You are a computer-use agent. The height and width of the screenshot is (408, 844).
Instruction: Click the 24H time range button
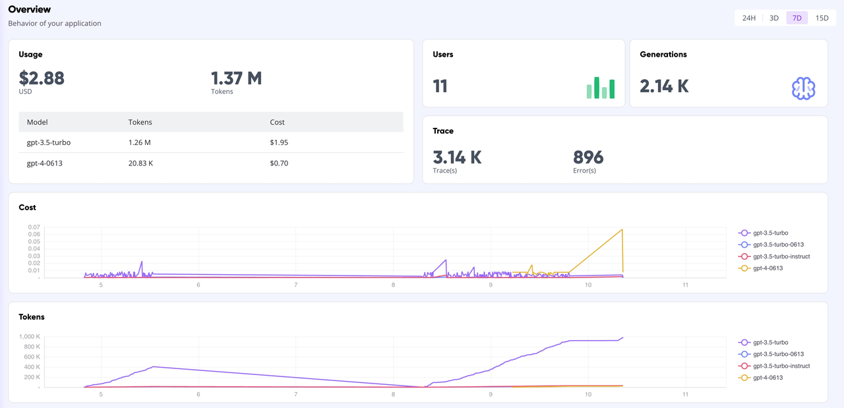click(748, 18)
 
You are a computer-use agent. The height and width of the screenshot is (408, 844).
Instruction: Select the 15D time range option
click(822, 18)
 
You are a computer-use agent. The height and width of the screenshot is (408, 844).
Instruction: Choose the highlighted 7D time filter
click(797, 18)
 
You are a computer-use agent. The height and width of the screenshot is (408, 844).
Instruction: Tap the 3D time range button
click(774, 18)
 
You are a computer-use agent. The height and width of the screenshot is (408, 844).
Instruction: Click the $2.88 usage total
click(42, 78)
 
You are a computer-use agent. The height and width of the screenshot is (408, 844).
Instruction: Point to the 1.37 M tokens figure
click(236, 78)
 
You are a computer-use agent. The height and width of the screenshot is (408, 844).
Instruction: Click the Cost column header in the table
click(278, 122)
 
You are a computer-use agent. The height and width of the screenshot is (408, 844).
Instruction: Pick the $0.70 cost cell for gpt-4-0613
click(279, 163)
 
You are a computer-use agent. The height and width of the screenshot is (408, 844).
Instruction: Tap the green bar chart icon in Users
click(600, 88)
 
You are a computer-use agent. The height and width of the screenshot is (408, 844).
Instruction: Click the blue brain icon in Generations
click(803, 88)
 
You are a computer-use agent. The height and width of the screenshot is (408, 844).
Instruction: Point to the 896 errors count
click(588, 158)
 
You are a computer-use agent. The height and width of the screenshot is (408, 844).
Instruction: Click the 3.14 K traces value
click(457, 158)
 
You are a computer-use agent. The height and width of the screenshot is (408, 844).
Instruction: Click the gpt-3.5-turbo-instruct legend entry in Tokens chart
click(781, 366)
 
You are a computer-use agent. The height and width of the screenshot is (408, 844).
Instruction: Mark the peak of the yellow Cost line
click(622, 229)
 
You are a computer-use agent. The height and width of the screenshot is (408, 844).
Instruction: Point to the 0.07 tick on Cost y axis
click(34, 227)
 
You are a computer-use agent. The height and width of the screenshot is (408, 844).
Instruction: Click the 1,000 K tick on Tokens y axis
click(29, 337)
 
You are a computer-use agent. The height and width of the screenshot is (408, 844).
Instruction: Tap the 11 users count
click(440, 86)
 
